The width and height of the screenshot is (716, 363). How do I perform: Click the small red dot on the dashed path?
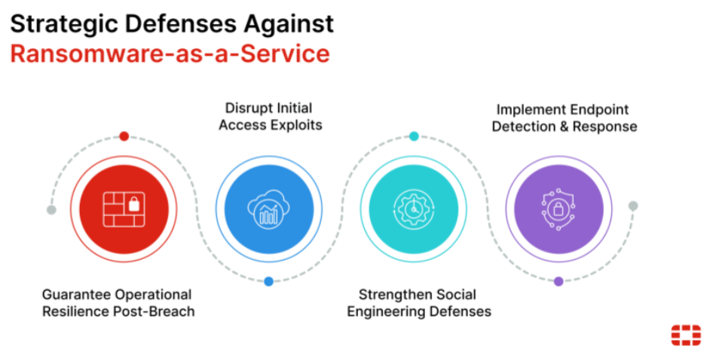pyautogui.click(x=124, y=136)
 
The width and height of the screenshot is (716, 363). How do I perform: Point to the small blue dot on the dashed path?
pyautogui.click(x=268, y=282)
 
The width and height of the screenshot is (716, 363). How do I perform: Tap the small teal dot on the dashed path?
pyautogui.click(x=414, y=136)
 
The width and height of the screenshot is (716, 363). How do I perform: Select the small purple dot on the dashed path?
pyautogui.click(x=558, y=282)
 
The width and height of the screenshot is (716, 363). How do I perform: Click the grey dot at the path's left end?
pyautogui.click(x=51, y=209)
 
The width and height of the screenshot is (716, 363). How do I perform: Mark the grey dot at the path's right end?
pyautogui.click(x=633, y=206)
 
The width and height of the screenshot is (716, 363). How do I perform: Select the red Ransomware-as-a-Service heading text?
pyautogui.click(x=170, y=53)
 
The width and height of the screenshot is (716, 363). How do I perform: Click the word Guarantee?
pyautogui.click(x=75, y=294)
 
